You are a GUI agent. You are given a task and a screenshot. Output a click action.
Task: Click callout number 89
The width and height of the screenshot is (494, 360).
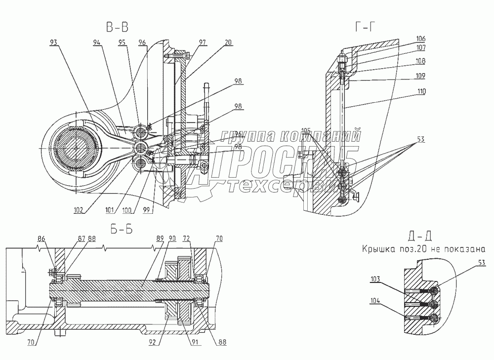click(x=159, y=239)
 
